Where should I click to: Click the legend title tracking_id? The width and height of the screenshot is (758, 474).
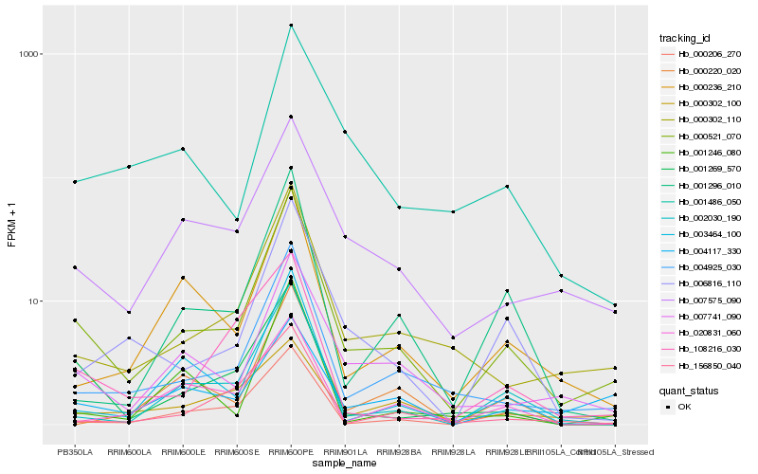coord(685,38)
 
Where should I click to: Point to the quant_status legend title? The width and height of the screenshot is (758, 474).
coord(689,391)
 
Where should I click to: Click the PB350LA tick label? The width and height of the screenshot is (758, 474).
coord(75,452)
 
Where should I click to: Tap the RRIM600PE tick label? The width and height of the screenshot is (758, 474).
coord(291,452)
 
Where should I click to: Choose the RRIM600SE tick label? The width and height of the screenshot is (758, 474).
coord(237,452)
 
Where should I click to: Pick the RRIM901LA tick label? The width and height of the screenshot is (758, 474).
coord(345,452)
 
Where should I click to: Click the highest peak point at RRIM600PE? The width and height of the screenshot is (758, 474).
coord(291,26)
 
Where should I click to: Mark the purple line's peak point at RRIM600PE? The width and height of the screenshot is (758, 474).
coord(291,117)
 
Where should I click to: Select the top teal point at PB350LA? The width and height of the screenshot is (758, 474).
coord(75,181)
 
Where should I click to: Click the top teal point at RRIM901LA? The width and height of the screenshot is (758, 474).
coord(345,132)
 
